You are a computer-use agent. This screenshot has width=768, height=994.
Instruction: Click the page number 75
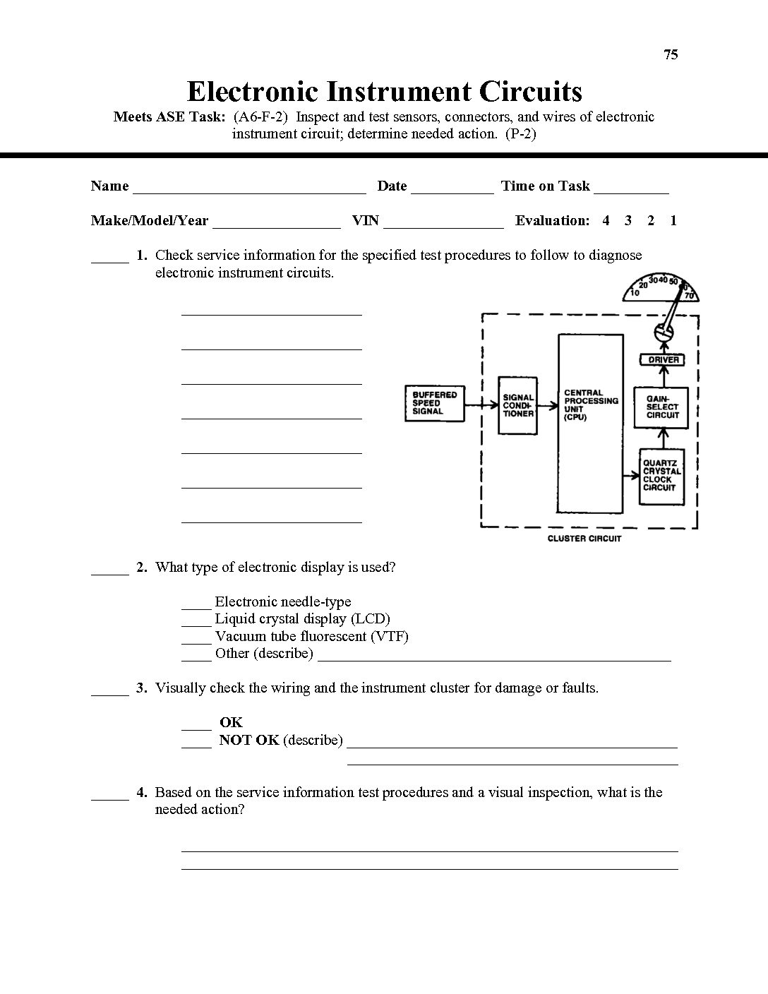coord(671,55)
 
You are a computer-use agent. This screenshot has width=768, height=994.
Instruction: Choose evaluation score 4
coord(606,220)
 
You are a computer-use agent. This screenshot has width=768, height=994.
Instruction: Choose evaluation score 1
coord(673,220)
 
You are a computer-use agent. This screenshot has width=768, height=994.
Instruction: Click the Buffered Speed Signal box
coord(435,403)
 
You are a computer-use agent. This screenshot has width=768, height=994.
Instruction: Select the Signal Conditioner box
coord(518,405)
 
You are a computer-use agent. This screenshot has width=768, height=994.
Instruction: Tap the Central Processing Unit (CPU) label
coord(590,405)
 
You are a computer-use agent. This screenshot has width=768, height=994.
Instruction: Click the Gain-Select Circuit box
coord(662,407)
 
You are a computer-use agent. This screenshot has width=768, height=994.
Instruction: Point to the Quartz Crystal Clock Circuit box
coord(662,476)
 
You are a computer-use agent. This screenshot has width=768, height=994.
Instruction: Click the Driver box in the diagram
coord(663,359)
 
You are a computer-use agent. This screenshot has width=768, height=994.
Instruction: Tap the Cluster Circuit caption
coord(584,539)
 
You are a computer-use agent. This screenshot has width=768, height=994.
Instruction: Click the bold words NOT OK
coord(249,740)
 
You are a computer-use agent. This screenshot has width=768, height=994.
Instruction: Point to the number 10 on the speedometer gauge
coord(635,292)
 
